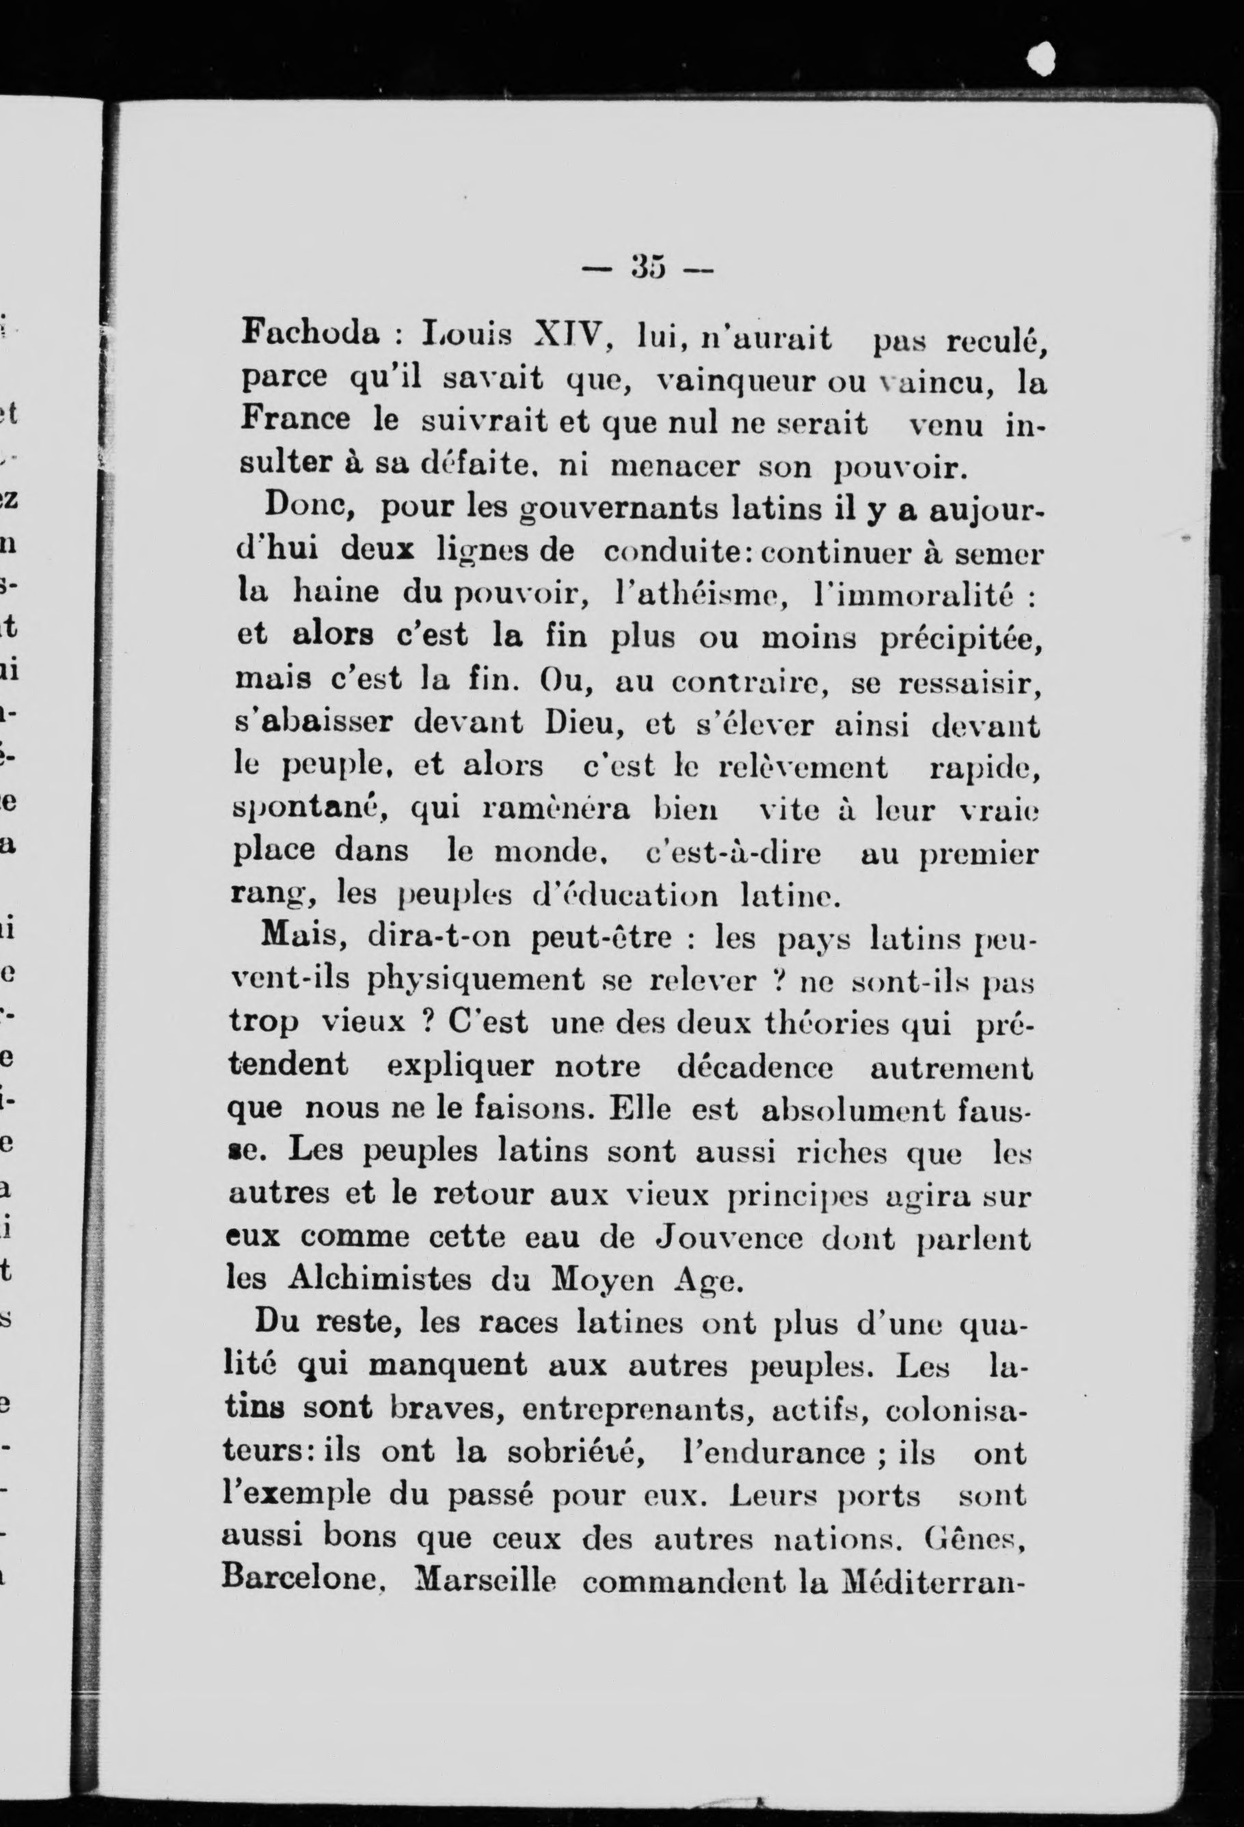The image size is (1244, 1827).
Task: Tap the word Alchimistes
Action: [x=377, y=1280]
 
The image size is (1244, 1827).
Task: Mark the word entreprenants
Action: [x=636, y=1409]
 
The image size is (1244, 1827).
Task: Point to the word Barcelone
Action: [x=297, y=1581]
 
